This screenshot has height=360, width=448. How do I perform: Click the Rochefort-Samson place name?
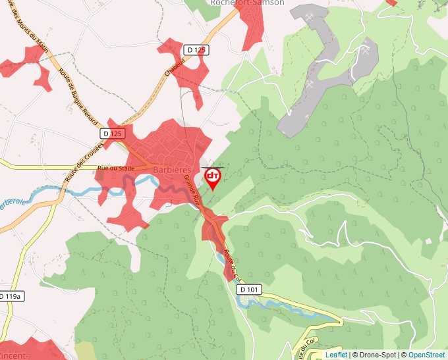pos(246,3)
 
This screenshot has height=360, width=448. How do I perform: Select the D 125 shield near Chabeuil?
pos(196,49)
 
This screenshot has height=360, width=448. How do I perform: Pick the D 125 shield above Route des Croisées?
pos(113,134)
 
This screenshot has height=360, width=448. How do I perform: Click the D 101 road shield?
pos(250,289)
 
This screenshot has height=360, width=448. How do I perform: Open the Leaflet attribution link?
pos(336,355)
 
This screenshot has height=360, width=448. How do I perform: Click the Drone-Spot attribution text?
pos(376,355)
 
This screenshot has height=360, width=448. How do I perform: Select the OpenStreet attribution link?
pos(427,355)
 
